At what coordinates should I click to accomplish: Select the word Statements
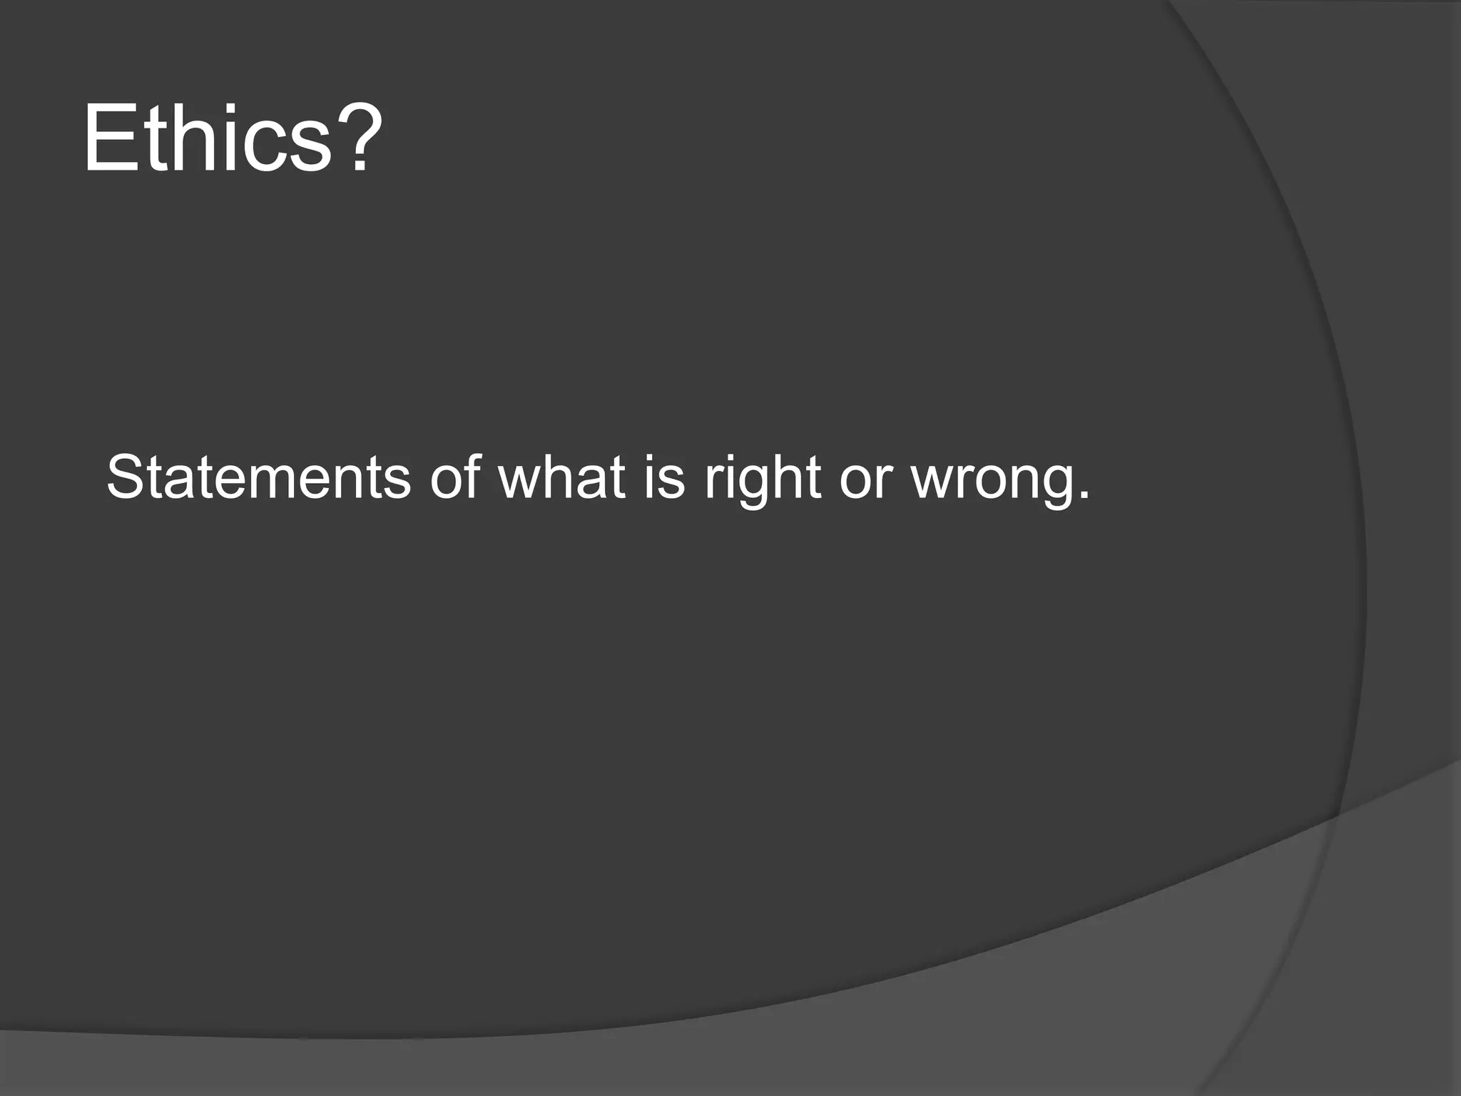coord(258,477)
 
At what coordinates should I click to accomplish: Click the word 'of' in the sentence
coord(455,477)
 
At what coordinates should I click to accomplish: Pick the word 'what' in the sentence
coord(562,477)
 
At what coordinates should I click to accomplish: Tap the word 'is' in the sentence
coord(663,477)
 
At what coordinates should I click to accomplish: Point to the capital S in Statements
coord(126,477)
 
